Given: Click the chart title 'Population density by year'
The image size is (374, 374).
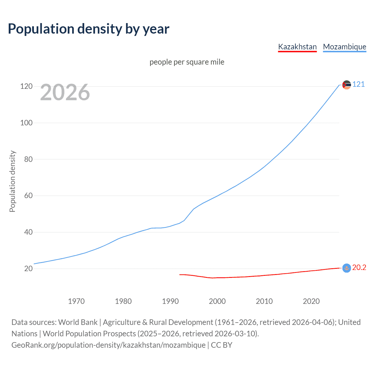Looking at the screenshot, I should coord(89,29).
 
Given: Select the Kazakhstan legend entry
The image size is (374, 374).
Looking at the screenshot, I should coord(297,47).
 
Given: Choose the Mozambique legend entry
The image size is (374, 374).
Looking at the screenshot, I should coord(344,47).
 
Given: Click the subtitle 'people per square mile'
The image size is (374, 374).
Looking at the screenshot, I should coord(187,62).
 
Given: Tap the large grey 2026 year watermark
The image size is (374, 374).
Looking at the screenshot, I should coord(65,92).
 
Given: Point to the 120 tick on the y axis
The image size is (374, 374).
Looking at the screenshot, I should coord(26,86).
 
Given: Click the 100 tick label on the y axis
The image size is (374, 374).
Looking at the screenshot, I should coord(26,123).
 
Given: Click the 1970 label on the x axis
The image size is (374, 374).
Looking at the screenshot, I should coord(76,301).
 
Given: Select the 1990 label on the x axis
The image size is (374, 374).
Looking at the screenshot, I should coord(170,301).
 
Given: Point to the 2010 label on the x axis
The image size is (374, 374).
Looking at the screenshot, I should coord(264,301).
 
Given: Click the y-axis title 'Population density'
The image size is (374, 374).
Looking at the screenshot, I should coord(12,181).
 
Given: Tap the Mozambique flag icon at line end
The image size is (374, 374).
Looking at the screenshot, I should coord(347,85).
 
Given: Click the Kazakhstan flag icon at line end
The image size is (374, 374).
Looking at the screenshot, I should coord(347,268).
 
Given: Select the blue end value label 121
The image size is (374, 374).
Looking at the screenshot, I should coord(359,84).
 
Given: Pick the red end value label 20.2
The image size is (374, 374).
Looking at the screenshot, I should coord(359,268).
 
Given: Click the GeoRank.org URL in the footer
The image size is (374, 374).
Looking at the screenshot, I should coord(108,345).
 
